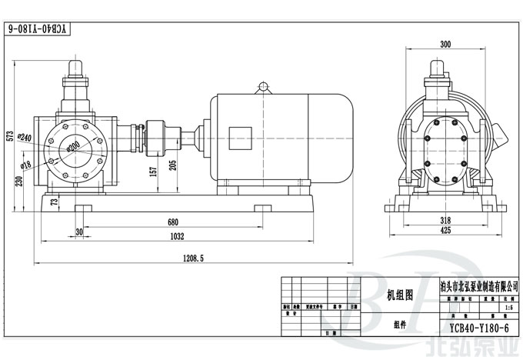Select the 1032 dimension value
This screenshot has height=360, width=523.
point(177,237)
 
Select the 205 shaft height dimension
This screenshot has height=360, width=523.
point(173,165)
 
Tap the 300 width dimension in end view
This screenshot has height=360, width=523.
point(445,45)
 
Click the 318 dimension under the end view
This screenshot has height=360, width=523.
point(446,218)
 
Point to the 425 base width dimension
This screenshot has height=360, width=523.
point(446,229)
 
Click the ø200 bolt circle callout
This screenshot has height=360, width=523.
point(74,145)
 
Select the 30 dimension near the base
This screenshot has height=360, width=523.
point(79,232)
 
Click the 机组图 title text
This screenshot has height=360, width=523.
point(399,294)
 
